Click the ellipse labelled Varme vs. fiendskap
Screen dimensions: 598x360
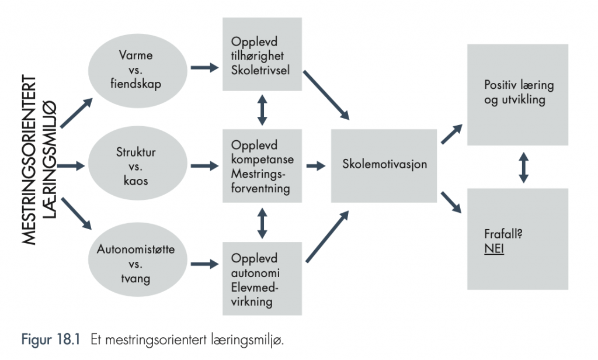[x=138, y=70]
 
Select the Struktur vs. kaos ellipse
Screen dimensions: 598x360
[x=138, y=164]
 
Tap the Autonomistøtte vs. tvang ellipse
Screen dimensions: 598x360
[x=138, y=260]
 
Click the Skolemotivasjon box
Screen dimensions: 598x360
[x=384, y=166]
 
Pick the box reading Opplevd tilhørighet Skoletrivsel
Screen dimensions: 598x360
[x=262, y=54]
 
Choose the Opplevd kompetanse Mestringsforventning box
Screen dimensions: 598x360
[x=262, y=166]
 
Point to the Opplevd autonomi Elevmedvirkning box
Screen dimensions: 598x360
[x=262, y=278]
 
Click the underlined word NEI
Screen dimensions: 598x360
[x=494, y=248]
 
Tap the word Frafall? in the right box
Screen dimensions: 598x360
[x=503, y=234]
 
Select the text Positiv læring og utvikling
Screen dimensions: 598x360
[x=519, y=92]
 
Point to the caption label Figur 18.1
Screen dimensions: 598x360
[x=51, y=339]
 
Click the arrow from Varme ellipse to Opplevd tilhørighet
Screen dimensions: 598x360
[x=205, y=68]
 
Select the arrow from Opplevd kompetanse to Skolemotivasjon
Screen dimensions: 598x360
[x=316, y=166]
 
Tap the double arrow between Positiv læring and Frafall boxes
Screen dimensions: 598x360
[x=524, y=167]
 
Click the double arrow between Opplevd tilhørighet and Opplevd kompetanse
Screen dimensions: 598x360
[x=262, y=110]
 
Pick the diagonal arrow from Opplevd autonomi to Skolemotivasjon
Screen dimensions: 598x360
[x=328, y=237]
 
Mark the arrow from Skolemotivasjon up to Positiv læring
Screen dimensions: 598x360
[x=452, y=134]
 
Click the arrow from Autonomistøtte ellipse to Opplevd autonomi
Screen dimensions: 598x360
[x=205, y=264]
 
